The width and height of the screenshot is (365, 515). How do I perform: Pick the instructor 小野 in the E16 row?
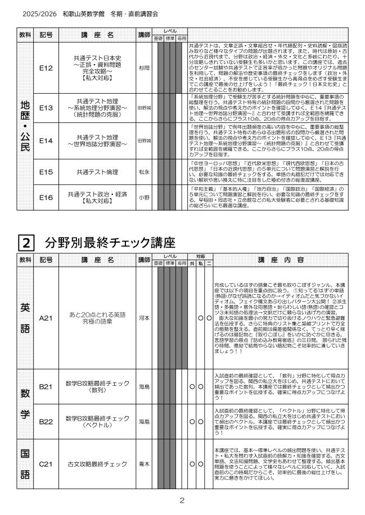(144, 196)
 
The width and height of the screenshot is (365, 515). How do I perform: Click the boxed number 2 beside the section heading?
(26, 243)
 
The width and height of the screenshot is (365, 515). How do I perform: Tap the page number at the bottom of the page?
(182, 500)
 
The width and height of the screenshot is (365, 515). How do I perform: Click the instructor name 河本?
(144, 318)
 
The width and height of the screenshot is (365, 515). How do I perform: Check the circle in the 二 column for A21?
(209, 318)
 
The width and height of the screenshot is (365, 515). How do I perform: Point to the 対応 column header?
(200, 256)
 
